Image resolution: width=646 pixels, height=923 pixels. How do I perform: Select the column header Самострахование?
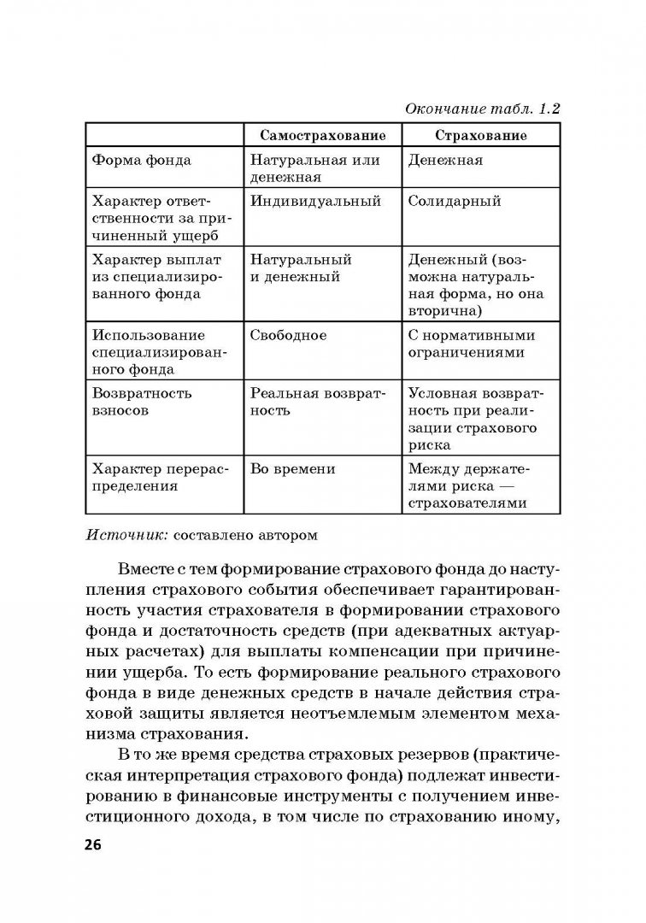pyautogui.click(x=322, y=135)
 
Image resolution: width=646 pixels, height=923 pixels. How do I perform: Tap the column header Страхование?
pyautogui.click(x=480, y=135)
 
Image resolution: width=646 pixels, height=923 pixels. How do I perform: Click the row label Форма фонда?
pyautogui.click(x=141, y=160)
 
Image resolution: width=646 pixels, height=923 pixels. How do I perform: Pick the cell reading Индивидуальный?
pyautogui.click(x=314, y=202)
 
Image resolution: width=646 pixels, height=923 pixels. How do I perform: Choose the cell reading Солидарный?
pyautogui.click(x=454, y=202)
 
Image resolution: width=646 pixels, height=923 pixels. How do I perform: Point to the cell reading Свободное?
pyautogui.click(x=288, y=335)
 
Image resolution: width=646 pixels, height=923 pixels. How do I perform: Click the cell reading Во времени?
pyautogui.click(x=292, y=468)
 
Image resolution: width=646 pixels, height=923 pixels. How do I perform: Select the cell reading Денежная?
pyautogui.click(x=445, y=160)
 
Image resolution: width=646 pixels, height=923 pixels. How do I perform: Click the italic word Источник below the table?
pyautogui.click(x=126, y=535)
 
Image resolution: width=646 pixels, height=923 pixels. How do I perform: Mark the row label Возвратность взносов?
pyautogui.click(x=142, y=402)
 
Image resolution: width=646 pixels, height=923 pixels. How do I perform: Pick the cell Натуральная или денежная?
pyautogui.click(x=314, y=168)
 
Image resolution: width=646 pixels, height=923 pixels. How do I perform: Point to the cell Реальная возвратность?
pyautogui.click(x=318, y=402)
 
